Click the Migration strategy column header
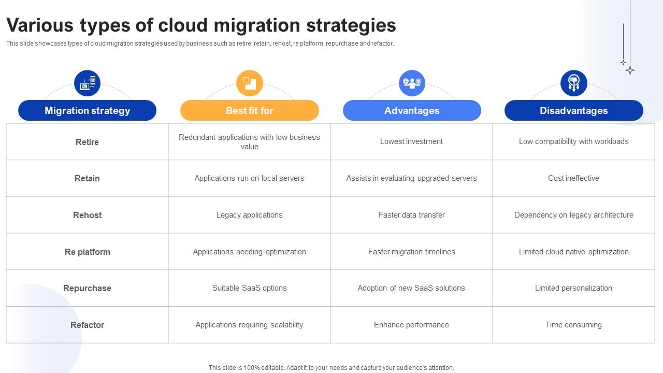click(x=87, y=110)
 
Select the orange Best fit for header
click(x=249, y=110)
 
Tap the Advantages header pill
click(x=412, y=110)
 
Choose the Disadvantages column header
click(x=573, y=110)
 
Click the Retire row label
click(x=87, y=142)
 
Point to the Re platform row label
click(x=87, y=252)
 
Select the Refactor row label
click(x=87, y=325)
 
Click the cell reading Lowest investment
click(x=411, y=141)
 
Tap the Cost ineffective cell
click(x=573, y=178)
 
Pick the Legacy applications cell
click(x=249, y=215)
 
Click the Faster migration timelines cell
click(x=411, y=252)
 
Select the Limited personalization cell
click(x=573, y=288)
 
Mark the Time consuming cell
click(x=573, y=325)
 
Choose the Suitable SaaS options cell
click(x=249, y=288)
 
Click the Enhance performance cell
click(x=411, y=325)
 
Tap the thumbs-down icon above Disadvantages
click(x=573, y=83)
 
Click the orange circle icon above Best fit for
click(x=250, y=83)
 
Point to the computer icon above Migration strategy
click(x=87, y=83)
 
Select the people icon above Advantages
click(x=412, y=83)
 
